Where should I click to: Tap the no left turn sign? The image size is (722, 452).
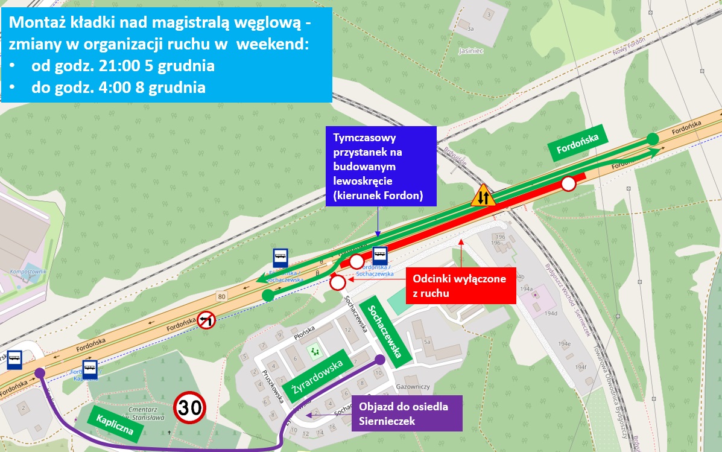click(206, 320)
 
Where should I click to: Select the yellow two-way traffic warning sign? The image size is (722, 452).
click(483, 196)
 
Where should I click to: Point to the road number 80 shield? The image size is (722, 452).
click(221, 296)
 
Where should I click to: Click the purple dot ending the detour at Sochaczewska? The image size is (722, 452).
click(380, 360)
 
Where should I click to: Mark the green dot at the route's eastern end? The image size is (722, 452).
click(652, 139)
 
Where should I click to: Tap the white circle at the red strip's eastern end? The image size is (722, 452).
click(568, 184)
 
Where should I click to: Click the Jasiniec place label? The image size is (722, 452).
click(473, 52)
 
